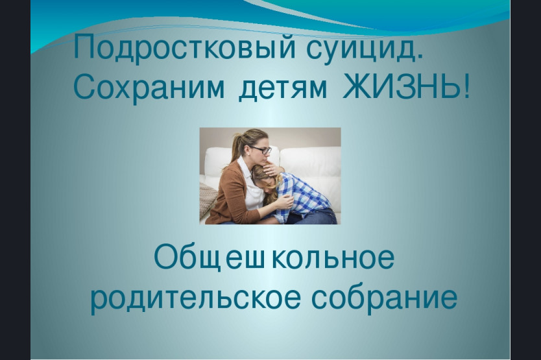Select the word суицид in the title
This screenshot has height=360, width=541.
coord(361,47)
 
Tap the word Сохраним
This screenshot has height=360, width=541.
coord(149,87)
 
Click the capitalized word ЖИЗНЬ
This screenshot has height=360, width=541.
coord(402,86)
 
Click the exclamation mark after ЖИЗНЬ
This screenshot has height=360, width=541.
coord(466,86)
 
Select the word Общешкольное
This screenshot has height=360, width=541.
coord(274,257)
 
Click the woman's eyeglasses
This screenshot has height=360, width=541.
coord(261,150)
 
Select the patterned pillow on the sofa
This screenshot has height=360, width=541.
coord(208,200)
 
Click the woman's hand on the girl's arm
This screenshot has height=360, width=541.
coord(283,202)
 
